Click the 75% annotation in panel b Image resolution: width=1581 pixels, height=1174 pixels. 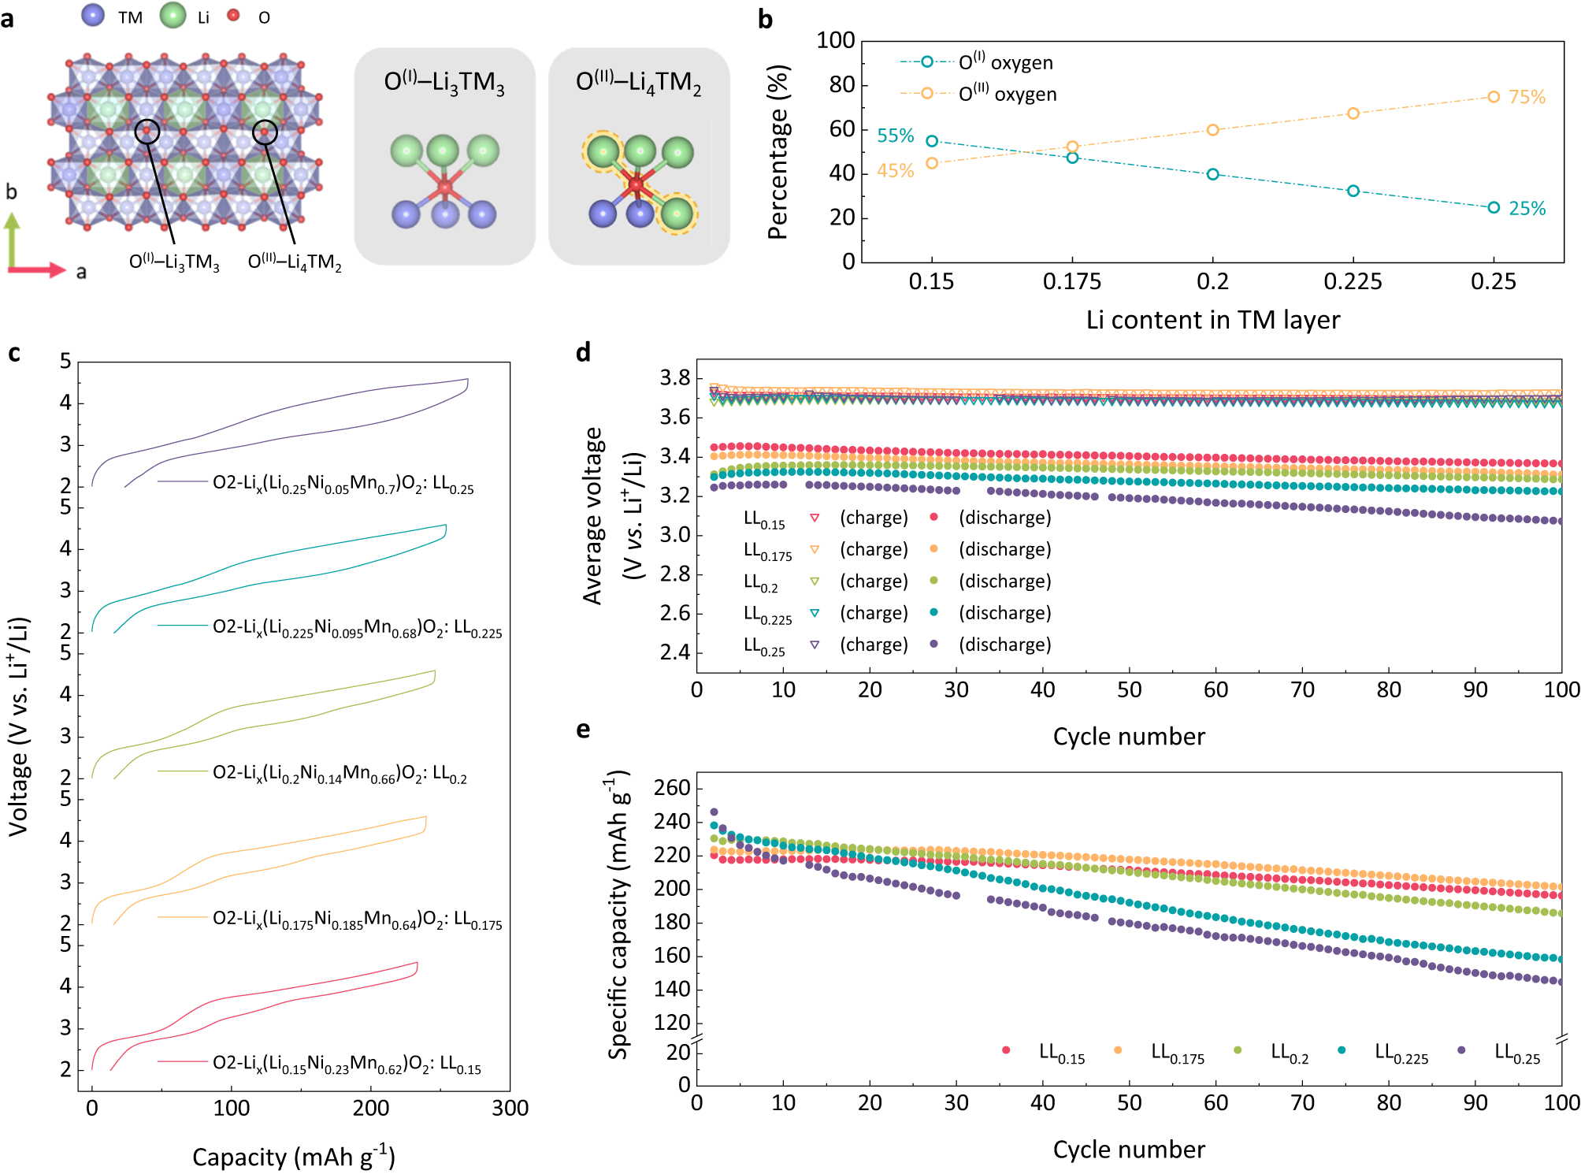tap(1527, 97)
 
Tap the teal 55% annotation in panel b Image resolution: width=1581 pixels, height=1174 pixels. tap(895, 136)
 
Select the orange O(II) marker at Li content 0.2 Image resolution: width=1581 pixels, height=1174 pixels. tap(1212, 130)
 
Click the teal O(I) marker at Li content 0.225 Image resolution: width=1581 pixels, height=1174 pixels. tap(1353, 191)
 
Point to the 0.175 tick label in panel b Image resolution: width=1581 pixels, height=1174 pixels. tap(1071, 281)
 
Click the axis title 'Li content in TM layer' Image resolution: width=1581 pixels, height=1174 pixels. tap(1212, 320)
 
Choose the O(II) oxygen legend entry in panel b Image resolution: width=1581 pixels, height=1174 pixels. tap(1007, 94)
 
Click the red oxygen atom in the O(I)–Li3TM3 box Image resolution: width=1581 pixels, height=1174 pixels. tap(445, 188)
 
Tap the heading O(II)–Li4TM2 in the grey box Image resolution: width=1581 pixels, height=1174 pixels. tap(638, 82)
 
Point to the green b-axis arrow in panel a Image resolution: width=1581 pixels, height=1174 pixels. tap(12, 240)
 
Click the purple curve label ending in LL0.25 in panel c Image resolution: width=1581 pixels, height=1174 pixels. tap(343, 483)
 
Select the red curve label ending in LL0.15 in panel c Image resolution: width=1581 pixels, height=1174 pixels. tap(346, 1064)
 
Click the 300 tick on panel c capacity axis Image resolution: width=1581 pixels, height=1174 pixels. tap(510, 1108)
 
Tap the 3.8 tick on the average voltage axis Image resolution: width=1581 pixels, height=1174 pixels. tap(674, 378)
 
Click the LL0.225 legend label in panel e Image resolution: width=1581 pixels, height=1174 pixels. tap(1401, 1053)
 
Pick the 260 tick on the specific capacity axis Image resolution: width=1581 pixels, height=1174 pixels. tap(672, 788)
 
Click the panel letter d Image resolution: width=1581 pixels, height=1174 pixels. tap(583, 352)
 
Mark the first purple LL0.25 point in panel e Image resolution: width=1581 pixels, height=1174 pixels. tap(714, 812)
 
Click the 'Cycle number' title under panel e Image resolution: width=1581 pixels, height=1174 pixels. tap(1128, 1150)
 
